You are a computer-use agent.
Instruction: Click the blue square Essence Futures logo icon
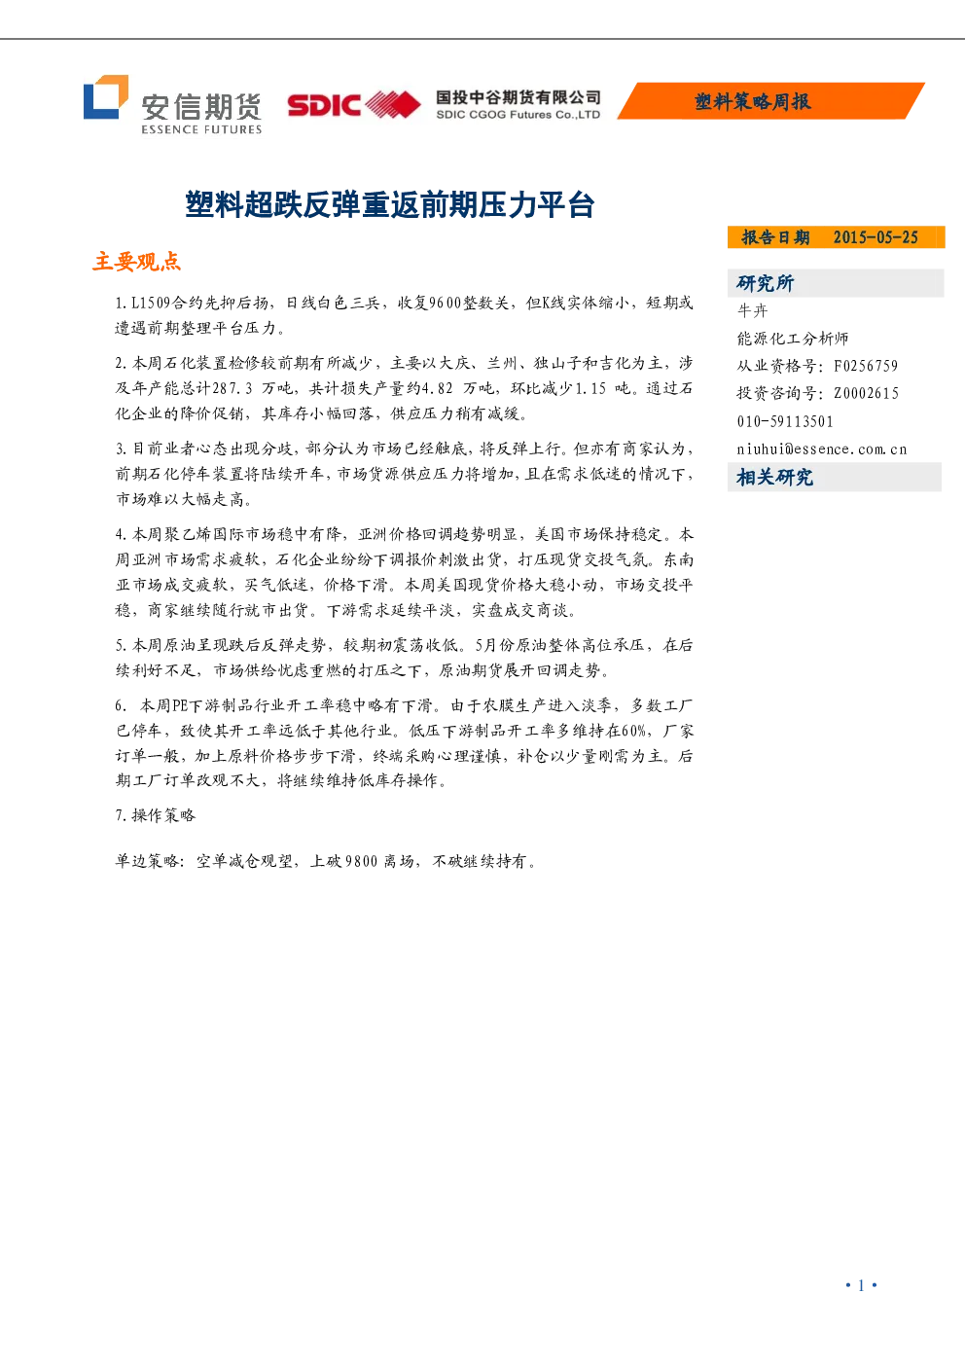click(105, 97)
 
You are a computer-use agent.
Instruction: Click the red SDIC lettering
click(324, 105)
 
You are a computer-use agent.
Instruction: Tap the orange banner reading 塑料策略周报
click(770, 101)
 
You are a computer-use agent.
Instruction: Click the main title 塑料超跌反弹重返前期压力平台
click(390, 204)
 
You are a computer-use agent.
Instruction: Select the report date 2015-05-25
click(876, 237)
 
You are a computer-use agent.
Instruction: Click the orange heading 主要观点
click(136, 262)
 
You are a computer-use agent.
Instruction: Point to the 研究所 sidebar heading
click(766, 283)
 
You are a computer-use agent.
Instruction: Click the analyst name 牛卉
click(752, 310)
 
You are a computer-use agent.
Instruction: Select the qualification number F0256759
click(866, 366)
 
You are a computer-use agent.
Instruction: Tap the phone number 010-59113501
click(785, 421)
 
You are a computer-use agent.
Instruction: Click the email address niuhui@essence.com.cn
click(822, 449)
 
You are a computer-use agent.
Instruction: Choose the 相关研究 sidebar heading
click(774, 477)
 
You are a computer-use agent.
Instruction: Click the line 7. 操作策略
click(156, 815)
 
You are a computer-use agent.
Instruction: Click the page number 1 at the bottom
click(861, 1285)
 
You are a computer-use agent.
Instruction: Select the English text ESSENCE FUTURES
click(201, 129)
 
